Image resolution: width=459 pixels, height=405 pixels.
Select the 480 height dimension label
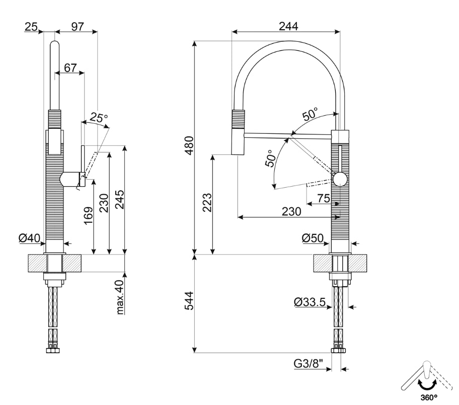pyautogui.click(x=189, y=145)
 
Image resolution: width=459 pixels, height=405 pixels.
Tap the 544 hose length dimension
pyautogui.click(x=189, y=303)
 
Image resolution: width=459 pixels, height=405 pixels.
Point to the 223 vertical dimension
pyautogui.click(x=206, y=203)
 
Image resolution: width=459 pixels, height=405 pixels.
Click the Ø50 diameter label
pyautogui.click(x=313, y=238)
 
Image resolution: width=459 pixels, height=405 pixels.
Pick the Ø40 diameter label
pyautogui.click(x=30, y=238)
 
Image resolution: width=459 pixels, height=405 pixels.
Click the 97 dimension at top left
pyautogui.click(x=77, y=27)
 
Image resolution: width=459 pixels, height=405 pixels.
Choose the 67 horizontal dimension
pyautogui.click(x=70, y=67)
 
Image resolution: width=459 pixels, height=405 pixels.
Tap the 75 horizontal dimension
pyautogui.click(x=324, y=199)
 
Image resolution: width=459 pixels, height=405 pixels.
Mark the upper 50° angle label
pyautogui.click(x=310, y=115)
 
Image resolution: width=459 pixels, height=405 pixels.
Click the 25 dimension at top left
pyautogui.click(x=31, y=27)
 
